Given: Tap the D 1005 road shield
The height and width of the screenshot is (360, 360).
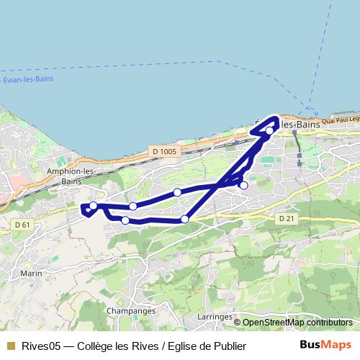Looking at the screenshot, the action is point(164,151).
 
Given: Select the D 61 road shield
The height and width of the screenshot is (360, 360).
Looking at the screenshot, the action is point(22,225).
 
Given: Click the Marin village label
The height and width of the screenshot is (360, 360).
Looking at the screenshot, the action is point(31,274).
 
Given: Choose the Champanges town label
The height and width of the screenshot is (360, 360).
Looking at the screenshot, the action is point(130,310).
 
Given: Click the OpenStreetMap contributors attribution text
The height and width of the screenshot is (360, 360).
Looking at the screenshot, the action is point(297,323).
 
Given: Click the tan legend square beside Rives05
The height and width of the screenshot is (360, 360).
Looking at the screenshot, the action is point(10,346).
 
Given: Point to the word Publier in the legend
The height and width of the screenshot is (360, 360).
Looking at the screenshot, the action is point(229,346).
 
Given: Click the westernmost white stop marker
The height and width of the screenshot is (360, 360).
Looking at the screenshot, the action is point(93,206).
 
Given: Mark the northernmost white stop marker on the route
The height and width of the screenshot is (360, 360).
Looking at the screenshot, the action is point(269,131).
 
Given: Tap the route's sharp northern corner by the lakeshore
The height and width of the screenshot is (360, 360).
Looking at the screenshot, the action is point(276,117).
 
